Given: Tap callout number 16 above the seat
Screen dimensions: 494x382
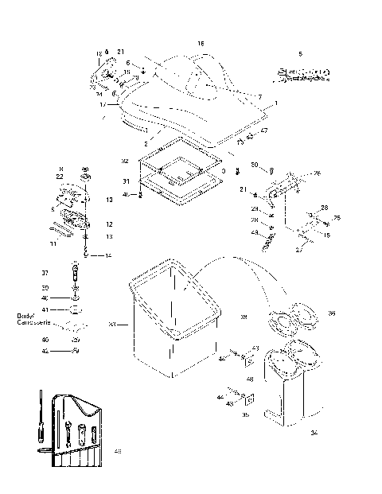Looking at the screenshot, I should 201,42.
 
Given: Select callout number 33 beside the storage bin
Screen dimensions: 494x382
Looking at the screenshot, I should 112,324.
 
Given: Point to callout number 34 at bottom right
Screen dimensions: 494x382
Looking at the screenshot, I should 314,433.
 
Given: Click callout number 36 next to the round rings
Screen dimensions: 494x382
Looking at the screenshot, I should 332,313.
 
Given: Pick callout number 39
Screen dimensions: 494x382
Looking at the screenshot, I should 244,317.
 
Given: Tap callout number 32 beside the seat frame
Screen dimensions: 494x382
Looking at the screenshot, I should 125,161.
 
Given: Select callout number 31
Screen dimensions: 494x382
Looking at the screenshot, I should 125,181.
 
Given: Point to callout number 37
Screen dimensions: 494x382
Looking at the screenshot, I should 45,273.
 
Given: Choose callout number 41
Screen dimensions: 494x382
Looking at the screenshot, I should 45,309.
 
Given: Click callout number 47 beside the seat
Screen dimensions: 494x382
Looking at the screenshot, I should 263,130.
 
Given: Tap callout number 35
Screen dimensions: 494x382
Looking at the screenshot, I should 244,414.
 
